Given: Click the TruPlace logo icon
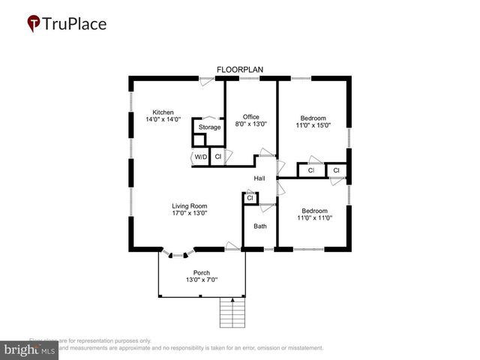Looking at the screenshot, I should [33, 24].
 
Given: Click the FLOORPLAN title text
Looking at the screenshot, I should [240, 70].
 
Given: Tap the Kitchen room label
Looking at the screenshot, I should [163, 112].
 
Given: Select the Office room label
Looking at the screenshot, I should [250, 117].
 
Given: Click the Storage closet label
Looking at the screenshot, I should [209, 127].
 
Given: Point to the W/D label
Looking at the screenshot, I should [200, 157].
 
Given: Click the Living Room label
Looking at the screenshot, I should [189, 205].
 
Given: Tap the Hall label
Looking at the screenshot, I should [259, 178].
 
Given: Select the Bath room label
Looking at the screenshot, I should [260, 226].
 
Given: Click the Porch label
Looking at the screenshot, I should [201, 272].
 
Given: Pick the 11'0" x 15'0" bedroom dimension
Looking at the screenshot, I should [313, 125].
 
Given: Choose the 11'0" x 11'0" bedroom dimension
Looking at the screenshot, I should [313, 218].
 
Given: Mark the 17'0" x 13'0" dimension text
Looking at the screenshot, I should [189, 213].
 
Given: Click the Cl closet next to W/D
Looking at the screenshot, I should [217, 157].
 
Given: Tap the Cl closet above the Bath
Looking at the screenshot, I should [250, 198].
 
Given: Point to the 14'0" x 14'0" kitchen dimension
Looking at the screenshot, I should [163, 120].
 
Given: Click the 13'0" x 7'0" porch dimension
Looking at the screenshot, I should [201, 280].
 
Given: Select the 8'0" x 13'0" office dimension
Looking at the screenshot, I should [250, 124].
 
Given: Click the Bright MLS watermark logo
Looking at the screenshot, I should [30, 350].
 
